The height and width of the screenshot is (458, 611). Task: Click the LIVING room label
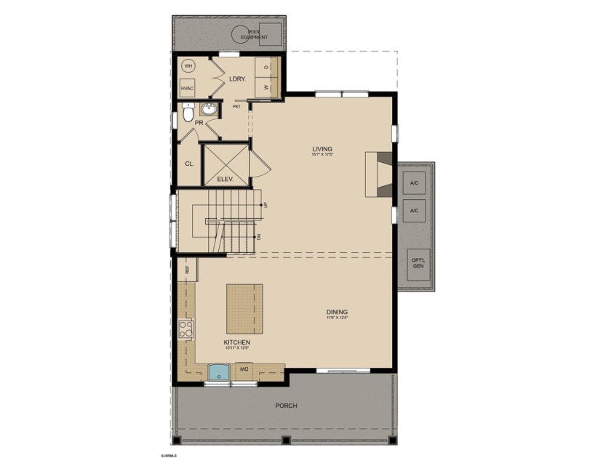322,149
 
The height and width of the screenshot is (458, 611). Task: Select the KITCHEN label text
237,342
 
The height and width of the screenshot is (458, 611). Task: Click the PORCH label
287,405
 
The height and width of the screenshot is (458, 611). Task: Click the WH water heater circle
188,66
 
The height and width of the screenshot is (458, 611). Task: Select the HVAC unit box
188,88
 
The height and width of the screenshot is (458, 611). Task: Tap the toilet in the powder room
188,113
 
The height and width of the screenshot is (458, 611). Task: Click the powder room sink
209,111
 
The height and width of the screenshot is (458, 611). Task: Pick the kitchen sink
219,373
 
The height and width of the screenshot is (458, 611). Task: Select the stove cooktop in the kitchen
186,329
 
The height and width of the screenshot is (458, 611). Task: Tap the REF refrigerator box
187,268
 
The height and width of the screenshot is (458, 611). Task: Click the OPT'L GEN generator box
418,263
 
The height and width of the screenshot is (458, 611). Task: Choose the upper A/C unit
415,182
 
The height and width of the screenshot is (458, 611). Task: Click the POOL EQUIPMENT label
255,32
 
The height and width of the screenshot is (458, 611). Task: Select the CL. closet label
188,164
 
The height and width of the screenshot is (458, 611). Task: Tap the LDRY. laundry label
236,79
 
